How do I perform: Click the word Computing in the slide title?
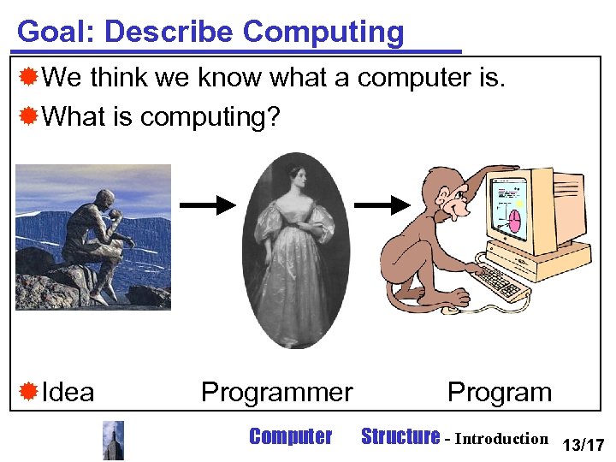point(323,33)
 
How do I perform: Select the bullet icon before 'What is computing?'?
point(28,115)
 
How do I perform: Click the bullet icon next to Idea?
point(28,393)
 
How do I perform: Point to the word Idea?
point(68,393)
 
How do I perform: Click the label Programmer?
point(276,393)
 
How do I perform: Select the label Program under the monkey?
point(500,393)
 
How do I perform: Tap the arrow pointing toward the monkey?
point(381,205)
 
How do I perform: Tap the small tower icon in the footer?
point(113,440)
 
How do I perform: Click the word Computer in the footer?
point(290,437)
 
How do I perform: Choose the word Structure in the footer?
point(400,437)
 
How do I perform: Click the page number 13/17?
point(583,444)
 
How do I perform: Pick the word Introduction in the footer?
point(501,439)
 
